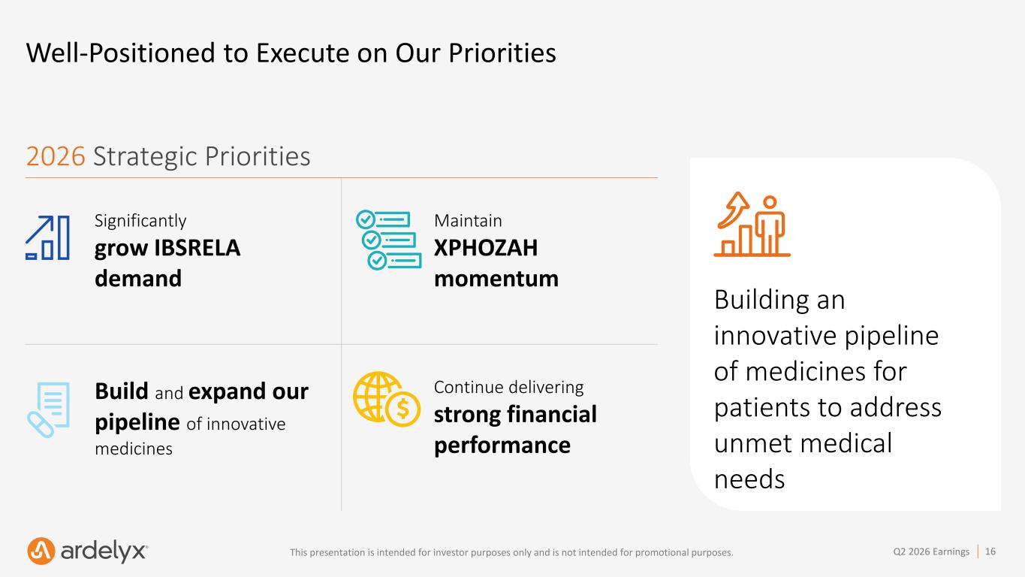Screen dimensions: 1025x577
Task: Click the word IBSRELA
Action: (197, 248)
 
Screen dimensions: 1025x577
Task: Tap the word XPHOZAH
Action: (486, 248)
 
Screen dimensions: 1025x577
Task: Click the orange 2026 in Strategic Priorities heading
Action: (56, 156)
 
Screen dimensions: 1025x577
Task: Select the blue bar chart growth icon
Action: (47, 237)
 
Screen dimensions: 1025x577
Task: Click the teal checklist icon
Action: (388, 240)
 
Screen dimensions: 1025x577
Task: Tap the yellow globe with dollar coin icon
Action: (387, 399)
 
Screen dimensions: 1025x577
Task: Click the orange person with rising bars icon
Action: (752, 224)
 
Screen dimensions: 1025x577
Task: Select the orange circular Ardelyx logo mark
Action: (41, 551)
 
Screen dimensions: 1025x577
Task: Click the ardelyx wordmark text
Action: (104, 551)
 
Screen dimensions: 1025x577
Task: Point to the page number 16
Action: (990, 551)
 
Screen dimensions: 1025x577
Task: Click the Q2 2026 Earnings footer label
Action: (931, 551)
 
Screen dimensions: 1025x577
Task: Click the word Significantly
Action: (140, 221)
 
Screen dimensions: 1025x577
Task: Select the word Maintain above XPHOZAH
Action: (468, 221)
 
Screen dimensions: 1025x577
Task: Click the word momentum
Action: (496, 279)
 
